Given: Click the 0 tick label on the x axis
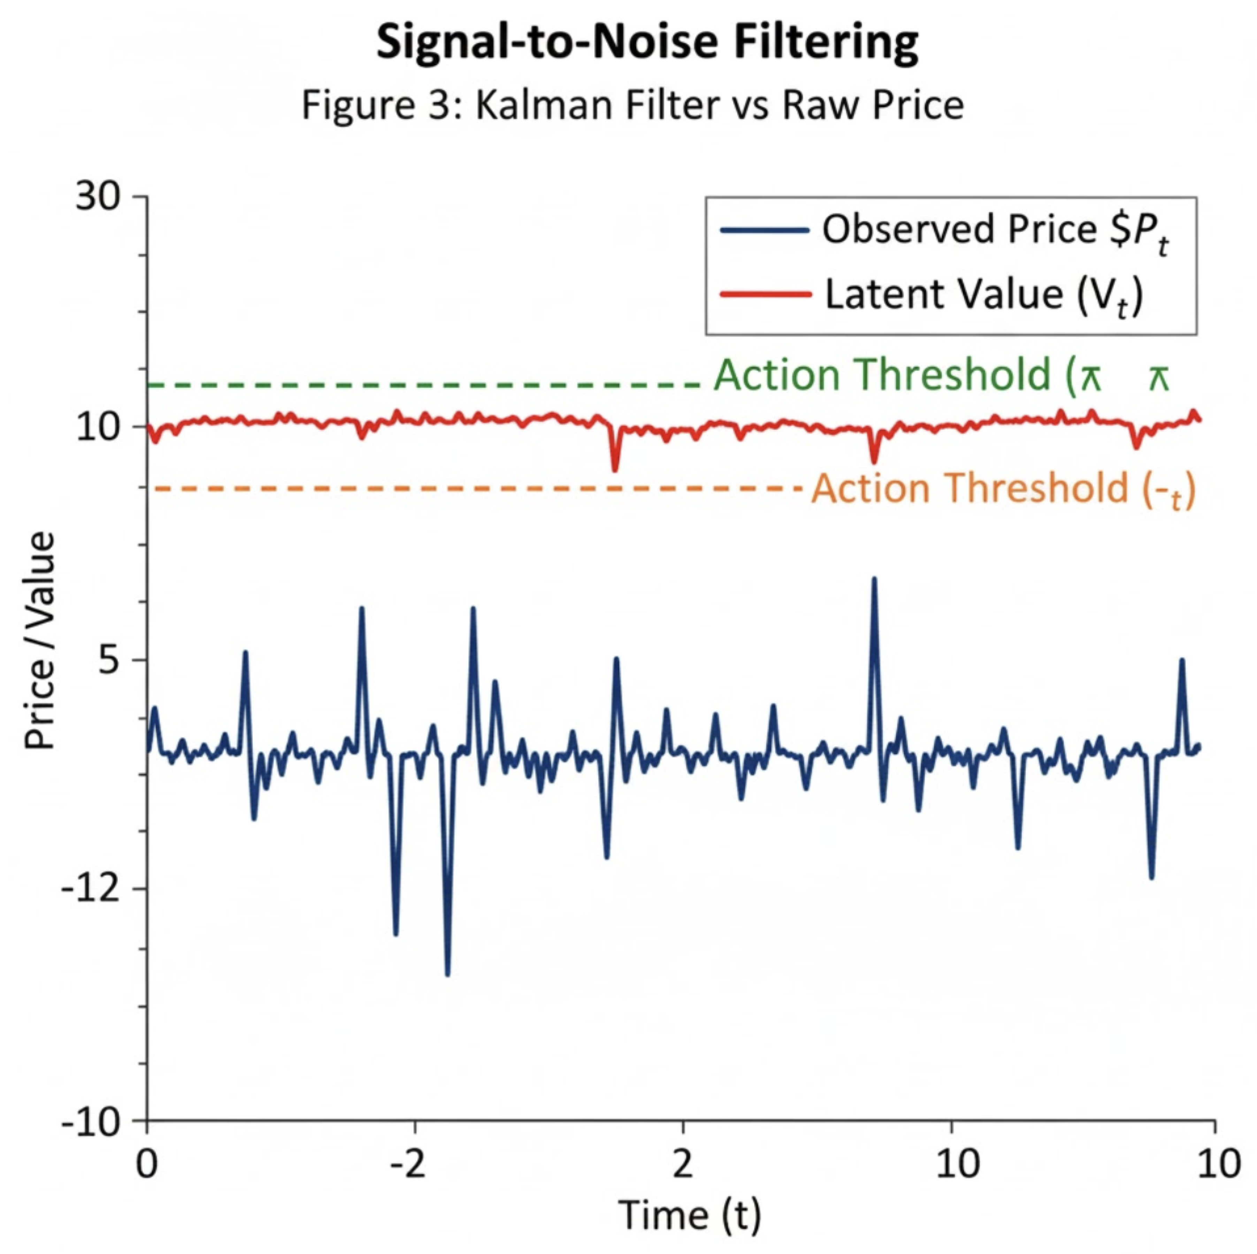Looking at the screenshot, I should coord(148,1165).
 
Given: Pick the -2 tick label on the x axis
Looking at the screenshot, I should coord(408,1165).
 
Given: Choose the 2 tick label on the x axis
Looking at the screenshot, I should coord(682,1165).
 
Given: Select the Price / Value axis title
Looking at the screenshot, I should coord(39,641).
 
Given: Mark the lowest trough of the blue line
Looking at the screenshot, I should coord(447,974).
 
